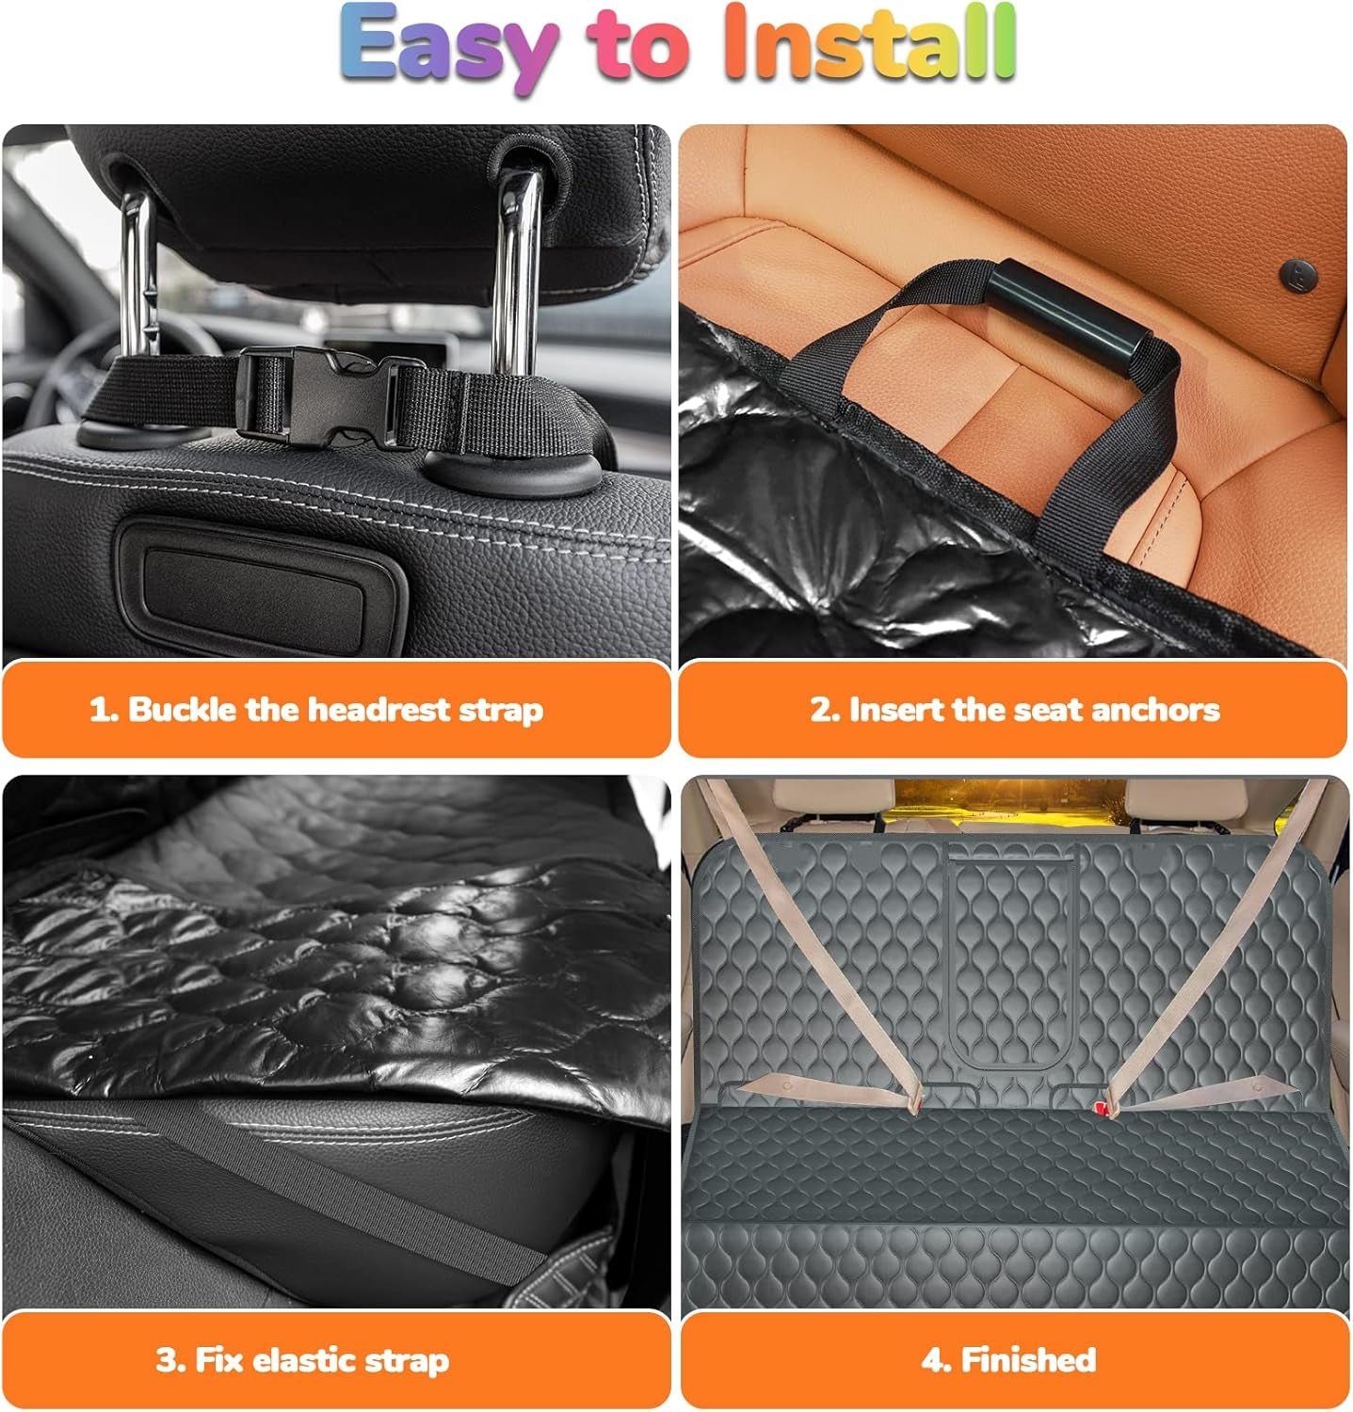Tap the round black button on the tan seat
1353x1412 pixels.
click(1298, 276)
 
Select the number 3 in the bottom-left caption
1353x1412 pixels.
click(166, 1360)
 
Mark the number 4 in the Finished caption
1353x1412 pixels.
click(931, 1360)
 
